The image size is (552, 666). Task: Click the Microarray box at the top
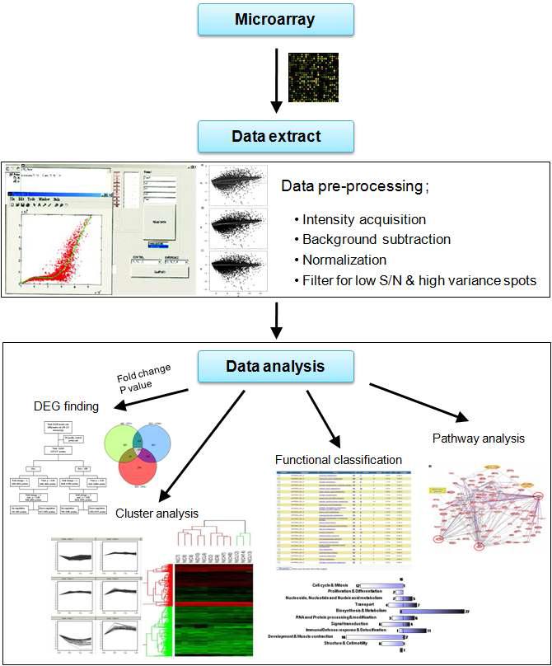point(275,18)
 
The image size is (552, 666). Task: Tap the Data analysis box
point(275,365)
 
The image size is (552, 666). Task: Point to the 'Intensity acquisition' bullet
point(363,219)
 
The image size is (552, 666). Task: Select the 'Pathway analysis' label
point(478,439)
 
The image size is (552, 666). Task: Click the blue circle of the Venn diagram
point(161,439)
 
